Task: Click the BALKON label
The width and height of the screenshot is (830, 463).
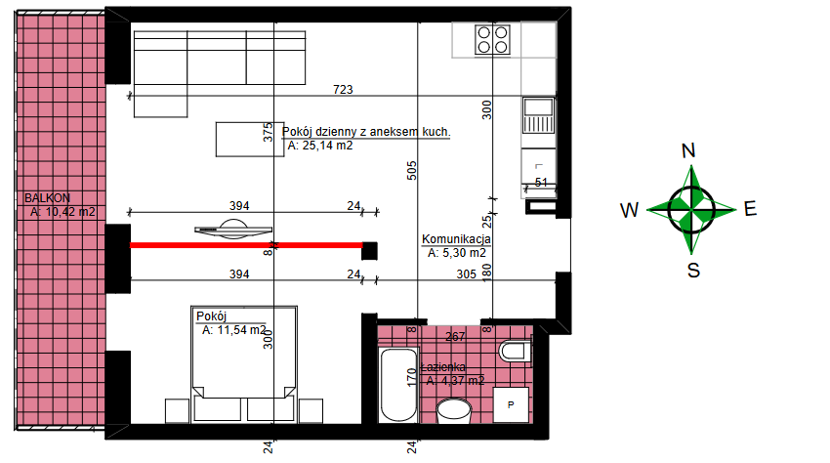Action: [x=47, y=198]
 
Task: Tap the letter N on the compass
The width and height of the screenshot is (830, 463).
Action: [x=688, y=151]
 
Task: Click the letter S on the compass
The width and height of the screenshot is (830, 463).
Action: [x=693, y=271]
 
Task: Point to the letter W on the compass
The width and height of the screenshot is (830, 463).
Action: [x=630, y=210]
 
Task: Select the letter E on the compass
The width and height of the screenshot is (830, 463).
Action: [x=750, y=209]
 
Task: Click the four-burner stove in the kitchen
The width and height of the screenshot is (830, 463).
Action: [x=492, y=40]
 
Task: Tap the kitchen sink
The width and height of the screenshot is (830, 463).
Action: [x=538, y=115]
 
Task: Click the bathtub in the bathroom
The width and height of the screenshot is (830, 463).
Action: [x=398, y=385]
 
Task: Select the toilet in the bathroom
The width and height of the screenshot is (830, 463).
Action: [x=515, y=351]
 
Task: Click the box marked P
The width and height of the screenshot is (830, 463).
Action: [x=511, y=404]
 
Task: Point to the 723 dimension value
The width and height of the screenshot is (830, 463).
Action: [x=343, y=90]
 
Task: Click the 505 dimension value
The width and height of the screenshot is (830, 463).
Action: [x=412, y=171]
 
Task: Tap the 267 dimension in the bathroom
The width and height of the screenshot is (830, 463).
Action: [x=455, y=336]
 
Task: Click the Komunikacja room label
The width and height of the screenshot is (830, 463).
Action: [x=456, y=239]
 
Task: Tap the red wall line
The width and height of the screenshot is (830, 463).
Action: [x=246, y=245]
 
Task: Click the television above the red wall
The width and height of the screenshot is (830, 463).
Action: [x=233, y=229]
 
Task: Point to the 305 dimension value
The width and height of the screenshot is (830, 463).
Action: [x=467, y=274]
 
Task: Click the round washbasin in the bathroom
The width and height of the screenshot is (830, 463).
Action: [x=454, y=411]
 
